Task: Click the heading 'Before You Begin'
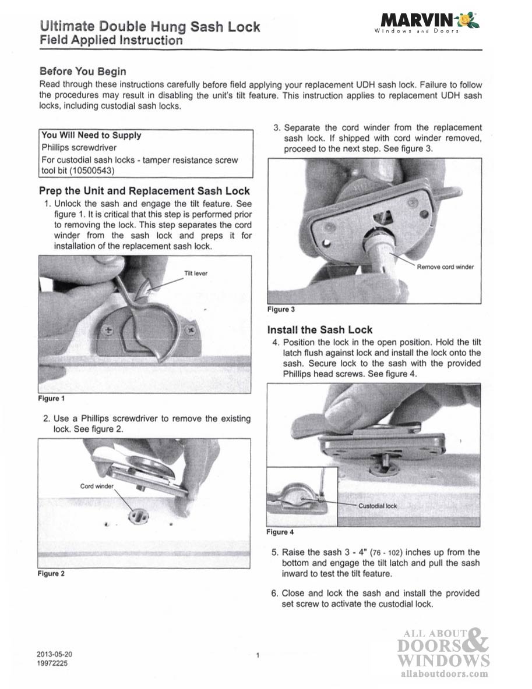tap(82, 71)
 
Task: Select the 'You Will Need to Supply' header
tap(91, 135)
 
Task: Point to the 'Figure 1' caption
tap(51, 399)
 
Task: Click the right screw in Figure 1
tap(190, 330)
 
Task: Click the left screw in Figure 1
tap(107, 330)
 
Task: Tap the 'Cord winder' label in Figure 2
tap(97, 485)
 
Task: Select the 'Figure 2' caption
tap(51, 574)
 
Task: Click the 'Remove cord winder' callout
tap(445, 267)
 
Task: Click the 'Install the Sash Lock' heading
tap(320, 329)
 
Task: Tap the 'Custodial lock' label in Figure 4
tap(377, 506)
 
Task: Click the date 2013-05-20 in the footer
tap(55, 654)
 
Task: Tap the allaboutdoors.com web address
tap(445, 674)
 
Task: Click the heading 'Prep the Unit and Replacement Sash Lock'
tap(144, 191)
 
